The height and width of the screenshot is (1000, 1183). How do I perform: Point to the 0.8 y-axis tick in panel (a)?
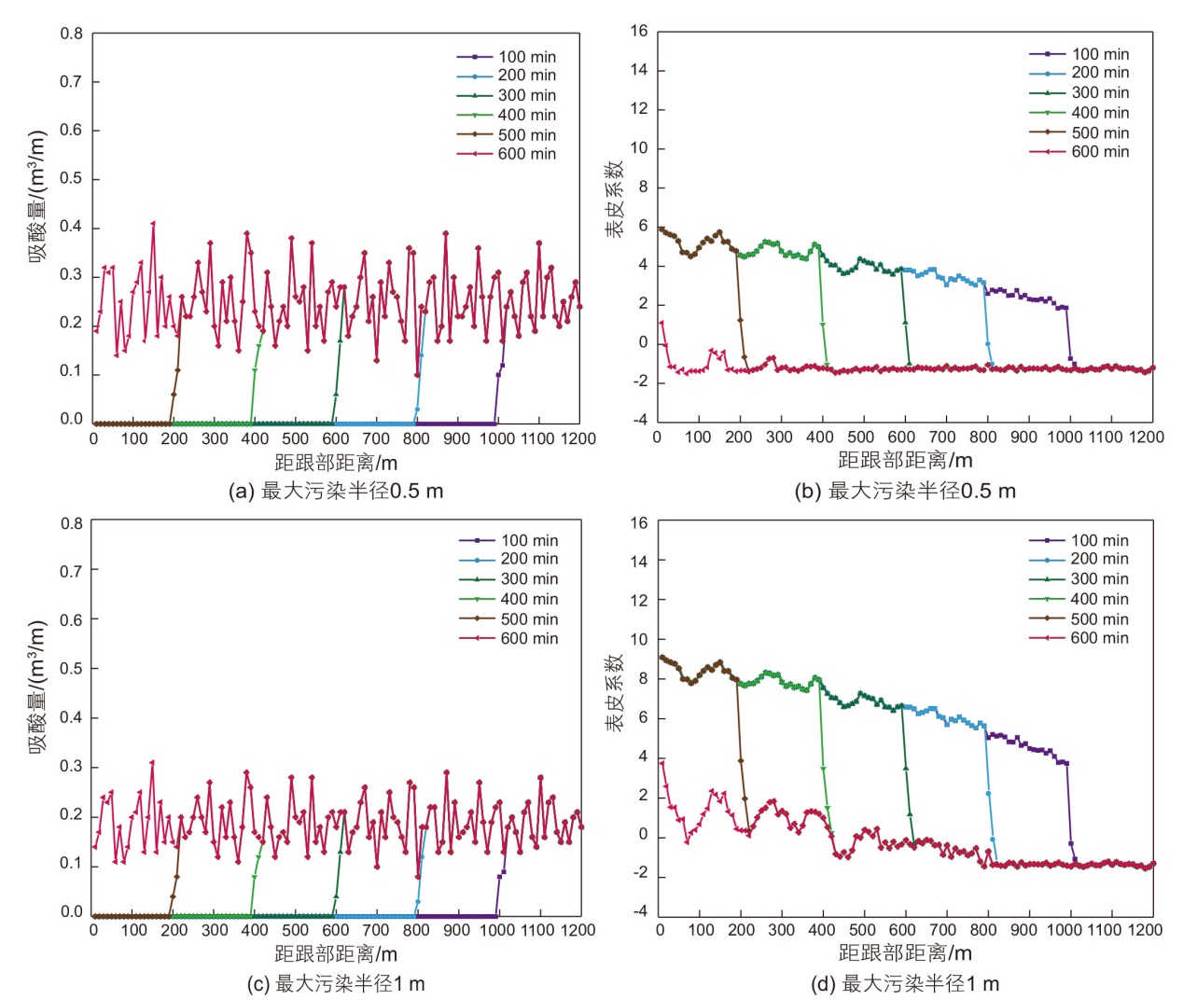(x=72, y=34)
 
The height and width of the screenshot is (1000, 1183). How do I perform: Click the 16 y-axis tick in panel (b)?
(x=638, y=31)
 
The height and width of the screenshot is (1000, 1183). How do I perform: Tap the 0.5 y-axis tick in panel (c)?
(x=72, y=669)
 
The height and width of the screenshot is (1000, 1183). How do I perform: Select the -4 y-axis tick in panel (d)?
(x=638, y=911)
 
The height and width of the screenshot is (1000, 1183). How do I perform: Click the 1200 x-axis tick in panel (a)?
(x=578, y=438)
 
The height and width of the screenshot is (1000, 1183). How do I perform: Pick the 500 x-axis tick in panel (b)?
(x=860, y=437)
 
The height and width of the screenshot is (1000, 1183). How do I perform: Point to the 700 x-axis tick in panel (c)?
(x=376, y=930)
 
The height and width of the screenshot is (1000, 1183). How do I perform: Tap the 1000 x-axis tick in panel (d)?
(x=1065, y=930)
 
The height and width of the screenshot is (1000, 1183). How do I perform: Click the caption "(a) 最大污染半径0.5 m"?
(x=336, y=491)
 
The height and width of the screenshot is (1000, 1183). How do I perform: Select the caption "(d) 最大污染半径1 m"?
(x=905, y=983)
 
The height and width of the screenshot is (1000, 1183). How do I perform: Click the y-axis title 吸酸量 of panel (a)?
(x=37, y=196)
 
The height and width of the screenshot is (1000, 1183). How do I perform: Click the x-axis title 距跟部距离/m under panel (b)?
(x=905, y=460)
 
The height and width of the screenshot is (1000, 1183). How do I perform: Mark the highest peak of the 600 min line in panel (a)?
(x=153, y=223)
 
